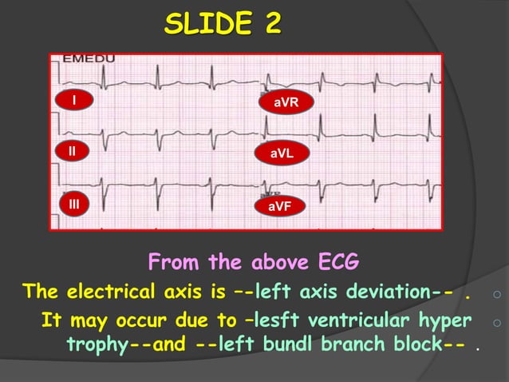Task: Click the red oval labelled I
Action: [x=74, y=101]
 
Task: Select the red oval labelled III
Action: [x=74, y=205]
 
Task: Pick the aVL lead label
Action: [x=281, y=153]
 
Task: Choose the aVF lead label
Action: [x=279, y=207]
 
